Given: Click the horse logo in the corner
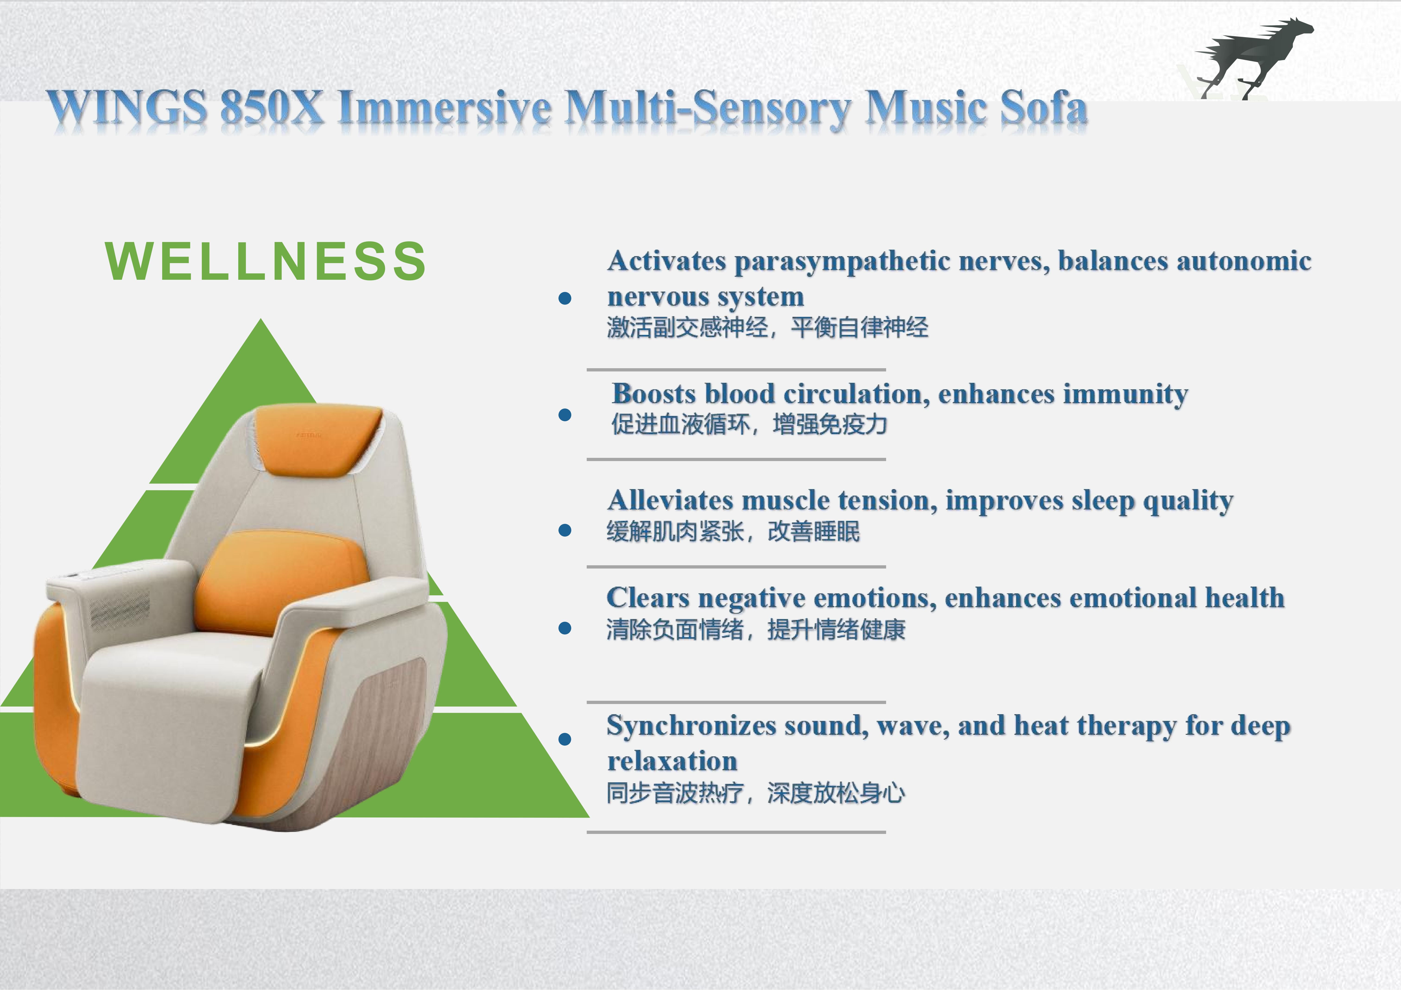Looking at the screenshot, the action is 1251,58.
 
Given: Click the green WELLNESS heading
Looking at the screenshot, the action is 266,261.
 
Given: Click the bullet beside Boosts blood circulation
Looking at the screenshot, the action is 565,415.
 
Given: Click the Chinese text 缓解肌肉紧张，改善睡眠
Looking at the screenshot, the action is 733,531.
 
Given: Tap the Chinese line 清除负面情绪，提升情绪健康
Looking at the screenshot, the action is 755,629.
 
